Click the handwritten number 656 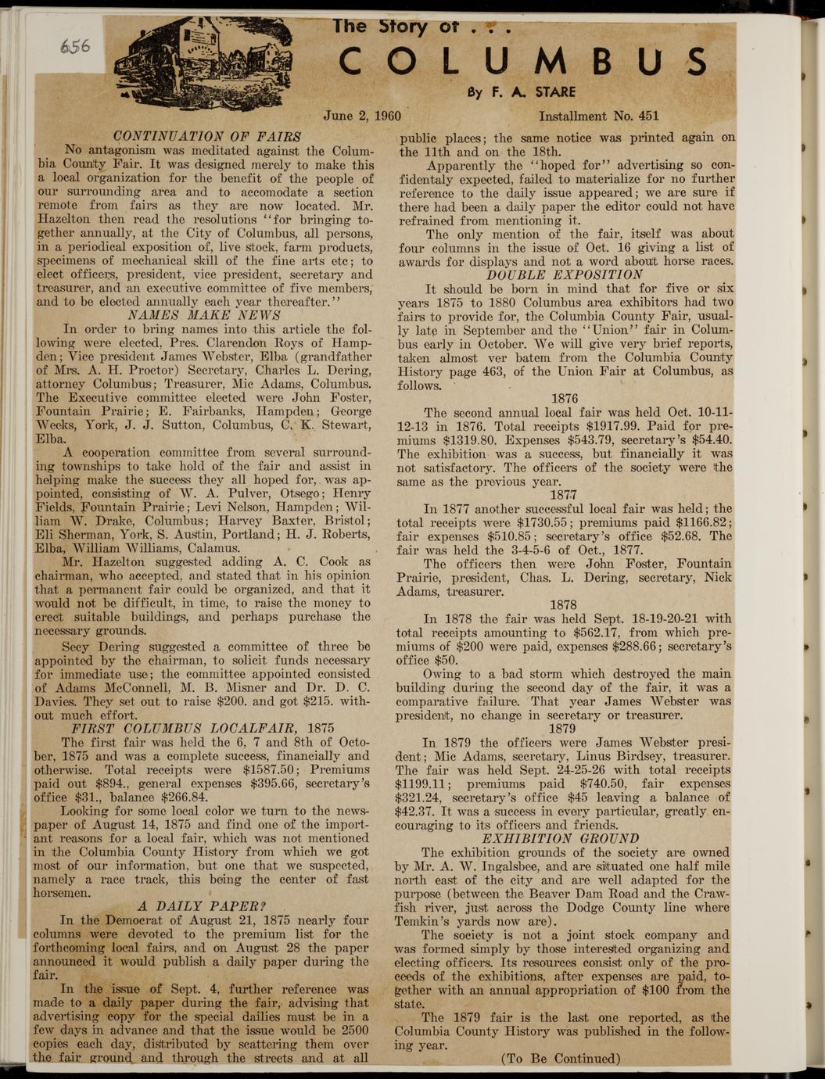[x=74, y=46]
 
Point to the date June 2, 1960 [x=362, y=117]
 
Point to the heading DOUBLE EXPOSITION [x=565, y=274]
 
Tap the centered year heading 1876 [x=564, y=398]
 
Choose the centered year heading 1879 [x=563, y=728]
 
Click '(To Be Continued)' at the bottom [x=561, y=1059]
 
